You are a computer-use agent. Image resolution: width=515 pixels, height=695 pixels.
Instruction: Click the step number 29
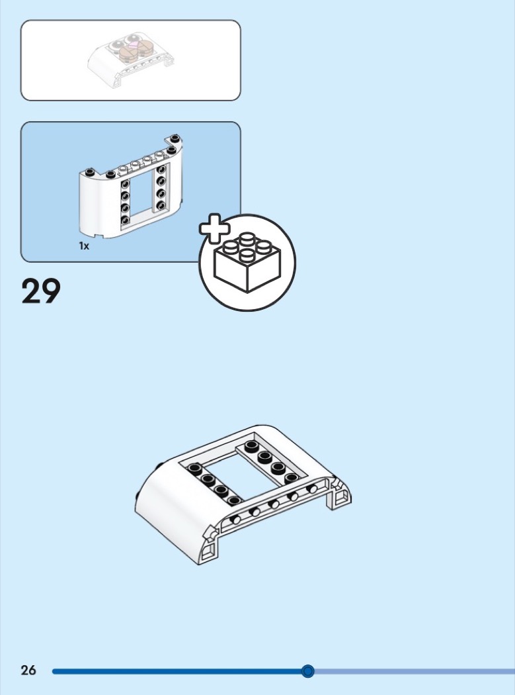pyautogui.click(x=41, y=291)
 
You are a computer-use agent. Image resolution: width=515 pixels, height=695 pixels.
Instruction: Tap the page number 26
pyautogui.click(x=28, y=671)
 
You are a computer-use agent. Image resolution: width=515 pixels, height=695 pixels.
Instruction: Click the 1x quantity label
pyautogui.click(x=84, y=246)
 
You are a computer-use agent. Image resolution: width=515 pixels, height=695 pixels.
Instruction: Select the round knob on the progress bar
pyautogui.click(x=307, y=671)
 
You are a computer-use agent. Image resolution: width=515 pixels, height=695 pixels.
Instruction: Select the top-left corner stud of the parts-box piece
pyautogui.click(x=109, y=174)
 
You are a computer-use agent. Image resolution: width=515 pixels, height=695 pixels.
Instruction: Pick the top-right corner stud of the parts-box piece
pyautogui.click(x=175, y=138)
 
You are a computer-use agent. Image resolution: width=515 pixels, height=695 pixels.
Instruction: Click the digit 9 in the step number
pyautogui.click(x=51, y=291)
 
